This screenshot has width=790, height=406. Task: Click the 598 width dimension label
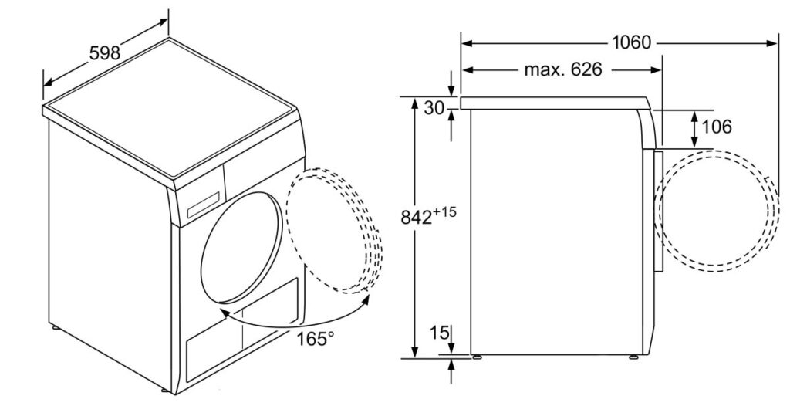click(x=105, y=52)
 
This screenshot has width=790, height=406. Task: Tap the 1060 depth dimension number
click(x=631, y=43)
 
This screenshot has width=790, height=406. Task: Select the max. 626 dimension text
click(x=562, y=69)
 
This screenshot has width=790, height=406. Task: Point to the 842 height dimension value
click(x=416, y=218)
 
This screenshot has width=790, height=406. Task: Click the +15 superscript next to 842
click(x=444, y=212)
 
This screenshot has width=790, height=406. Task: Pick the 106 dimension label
click(x=717, y=127)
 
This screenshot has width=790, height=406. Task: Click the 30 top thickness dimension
click(x=434, y=108)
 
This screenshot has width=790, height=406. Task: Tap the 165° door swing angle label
click(x=315, y=339)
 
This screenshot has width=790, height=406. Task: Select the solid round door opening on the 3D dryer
click(x=240, y=249)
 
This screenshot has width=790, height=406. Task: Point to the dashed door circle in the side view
click(x=717, y=209)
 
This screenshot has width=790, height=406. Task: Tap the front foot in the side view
click(x=633, y=357)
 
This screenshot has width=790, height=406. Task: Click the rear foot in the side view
click(x=475, y=357)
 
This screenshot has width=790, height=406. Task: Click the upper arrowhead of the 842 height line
click(x=414, y=103)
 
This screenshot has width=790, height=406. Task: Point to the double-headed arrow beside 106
click(x=694, y=129)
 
